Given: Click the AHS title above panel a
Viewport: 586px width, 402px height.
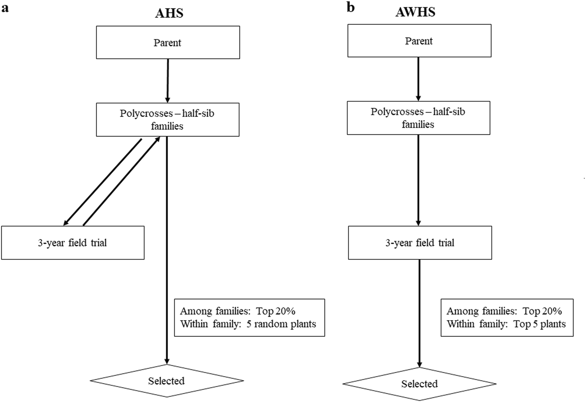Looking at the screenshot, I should [169, 13].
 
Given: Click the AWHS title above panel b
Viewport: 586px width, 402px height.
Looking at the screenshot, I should [415, 12].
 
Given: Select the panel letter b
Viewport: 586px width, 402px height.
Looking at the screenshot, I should [350, 7].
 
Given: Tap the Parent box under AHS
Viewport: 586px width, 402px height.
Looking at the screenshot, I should [168, 43].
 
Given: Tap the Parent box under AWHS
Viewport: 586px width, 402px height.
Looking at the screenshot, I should [419, 41].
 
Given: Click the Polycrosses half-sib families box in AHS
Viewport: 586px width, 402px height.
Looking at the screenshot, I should [168, 120].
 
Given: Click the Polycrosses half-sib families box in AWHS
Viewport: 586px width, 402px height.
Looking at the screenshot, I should [418, 118].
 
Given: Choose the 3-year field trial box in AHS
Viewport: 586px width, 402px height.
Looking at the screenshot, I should [73, 243].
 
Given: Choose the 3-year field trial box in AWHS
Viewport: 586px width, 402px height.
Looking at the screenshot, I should [420, 243].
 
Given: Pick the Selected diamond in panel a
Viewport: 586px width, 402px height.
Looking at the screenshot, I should [166, 380].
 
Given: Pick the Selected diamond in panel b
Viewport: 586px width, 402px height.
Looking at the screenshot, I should [419, 384].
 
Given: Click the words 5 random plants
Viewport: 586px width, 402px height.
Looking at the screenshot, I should [281, 324].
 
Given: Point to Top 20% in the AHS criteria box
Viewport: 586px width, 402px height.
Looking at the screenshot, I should [276, 311].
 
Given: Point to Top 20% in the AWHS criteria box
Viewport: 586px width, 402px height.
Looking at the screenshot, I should [542, 311].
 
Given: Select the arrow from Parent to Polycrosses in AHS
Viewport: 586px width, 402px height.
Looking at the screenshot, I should [168, 80].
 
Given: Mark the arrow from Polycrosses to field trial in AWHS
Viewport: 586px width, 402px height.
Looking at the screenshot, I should [418, 180].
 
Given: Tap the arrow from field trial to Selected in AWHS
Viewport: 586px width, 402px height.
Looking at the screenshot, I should [419, 313].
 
